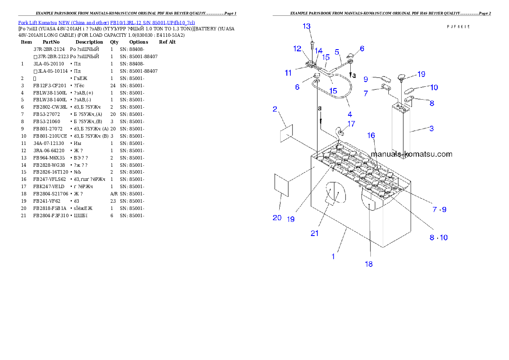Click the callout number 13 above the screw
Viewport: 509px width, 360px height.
(307, 27)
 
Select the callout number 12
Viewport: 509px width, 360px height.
(297, 49)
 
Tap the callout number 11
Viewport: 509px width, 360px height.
(288, 73)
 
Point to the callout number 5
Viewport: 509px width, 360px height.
(337, 52)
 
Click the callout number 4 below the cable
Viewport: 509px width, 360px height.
(349, 114)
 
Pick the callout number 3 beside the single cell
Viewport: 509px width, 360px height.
(432, 128)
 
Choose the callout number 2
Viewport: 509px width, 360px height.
(275, 109)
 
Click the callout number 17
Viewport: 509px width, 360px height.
(351, 124)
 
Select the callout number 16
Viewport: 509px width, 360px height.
(371, 136)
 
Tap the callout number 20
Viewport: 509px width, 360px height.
(277, 218)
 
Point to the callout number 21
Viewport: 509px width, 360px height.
(315, 233)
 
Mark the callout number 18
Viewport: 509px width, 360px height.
(368, 264)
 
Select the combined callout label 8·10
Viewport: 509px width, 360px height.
(439, 237)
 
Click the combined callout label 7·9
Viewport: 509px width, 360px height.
(439, 210)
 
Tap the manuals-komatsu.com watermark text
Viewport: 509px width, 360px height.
(411, 154)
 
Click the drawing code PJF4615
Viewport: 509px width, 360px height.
(458, 27)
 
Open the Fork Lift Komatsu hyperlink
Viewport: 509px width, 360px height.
(107, 23)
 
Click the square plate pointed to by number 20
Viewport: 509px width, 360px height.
(281, 185)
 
